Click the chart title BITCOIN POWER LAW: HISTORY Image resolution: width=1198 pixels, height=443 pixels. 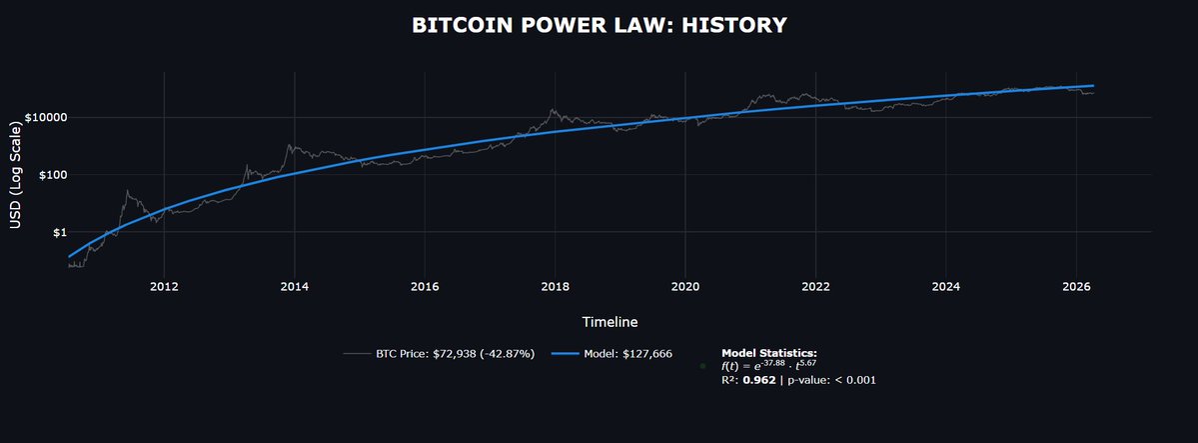click(x=599, y=25)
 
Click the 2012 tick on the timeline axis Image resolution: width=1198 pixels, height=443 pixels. click(x=164, y=286)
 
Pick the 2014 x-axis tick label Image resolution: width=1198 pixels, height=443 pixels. click(x=294, y=286)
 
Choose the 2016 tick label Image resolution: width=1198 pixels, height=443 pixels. click(x=425, y=286)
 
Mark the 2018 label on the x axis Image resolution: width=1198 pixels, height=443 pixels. click(x=555, y=286)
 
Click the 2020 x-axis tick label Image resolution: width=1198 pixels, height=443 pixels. click(x=685, y=286)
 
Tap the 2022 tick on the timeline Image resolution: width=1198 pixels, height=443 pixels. click(x=815, y=286)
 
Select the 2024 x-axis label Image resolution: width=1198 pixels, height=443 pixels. click(x=945, y=286)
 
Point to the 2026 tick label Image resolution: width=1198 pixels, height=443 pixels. click(x=1076, y=286)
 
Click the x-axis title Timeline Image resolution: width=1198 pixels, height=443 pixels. click(x=609, y=322)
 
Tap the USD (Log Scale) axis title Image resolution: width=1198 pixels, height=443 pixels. click(x=15, y=175)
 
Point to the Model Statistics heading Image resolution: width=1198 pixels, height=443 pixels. click(x=768, y=353)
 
